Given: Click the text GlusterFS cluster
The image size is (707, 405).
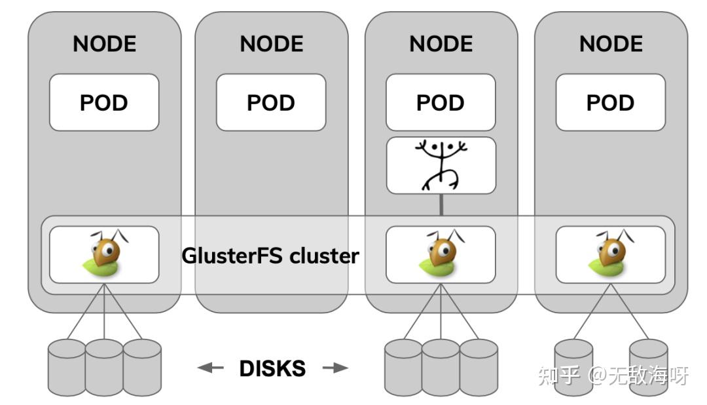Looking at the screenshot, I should pyautogui.click(x=270, y=255).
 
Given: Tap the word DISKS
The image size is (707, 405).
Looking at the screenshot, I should pyautogui.click(x=272, y=368).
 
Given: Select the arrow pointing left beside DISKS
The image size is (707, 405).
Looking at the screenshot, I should pyautogui.click(x=210, y=368).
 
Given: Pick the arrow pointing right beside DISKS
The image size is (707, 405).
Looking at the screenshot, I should pyautogui.click(x=336, y=368).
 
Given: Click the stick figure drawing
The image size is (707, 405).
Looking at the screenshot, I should pyautogui.click(x=441, y=165).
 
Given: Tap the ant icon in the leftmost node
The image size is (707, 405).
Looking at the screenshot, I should pyautogui.click(x=104, y=254).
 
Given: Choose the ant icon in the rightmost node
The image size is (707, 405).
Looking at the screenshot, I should pyautogui.click(x=610, y=254).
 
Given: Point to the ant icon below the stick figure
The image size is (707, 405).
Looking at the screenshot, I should pyautogui.click(x=441, y=254).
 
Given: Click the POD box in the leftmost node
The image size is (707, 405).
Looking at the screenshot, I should pyautogui.click(x=104, y=102).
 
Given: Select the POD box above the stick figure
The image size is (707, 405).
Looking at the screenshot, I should pyautogui.click(x=441, y=102).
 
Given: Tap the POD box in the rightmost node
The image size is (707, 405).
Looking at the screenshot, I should pyautogui.click(x=610, y=102).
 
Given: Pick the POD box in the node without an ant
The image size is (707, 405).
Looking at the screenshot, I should pyautogui.click(x=271, y=102).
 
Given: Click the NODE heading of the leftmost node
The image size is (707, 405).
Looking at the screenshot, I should pyautogui.click(x=104, y=44).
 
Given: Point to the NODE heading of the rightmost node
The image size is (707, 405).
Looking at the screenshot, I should pyautogui.click(x=610, y=44).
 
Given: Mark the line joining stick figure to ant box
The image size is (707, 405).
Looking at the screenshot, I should pyautogui.click(x=441, y=204).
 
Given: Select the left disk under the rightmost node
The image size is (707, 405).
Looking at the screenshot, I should pyautogui.click(x=573, y=367).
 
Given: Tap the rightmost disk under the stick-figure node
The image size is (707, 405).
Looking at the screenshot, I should pyautogui.click(x=479, y=367).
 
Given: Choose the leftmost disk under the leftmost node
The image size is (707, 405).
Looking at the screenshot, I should pyautogui.click(x=67, y=367).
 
